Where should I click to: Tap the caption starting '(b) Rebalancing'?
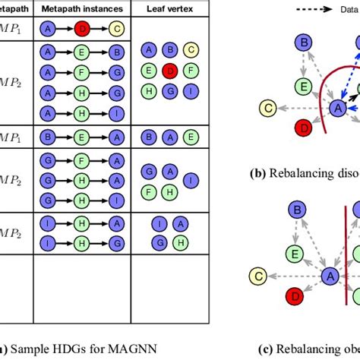click(x=304, y=172)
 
